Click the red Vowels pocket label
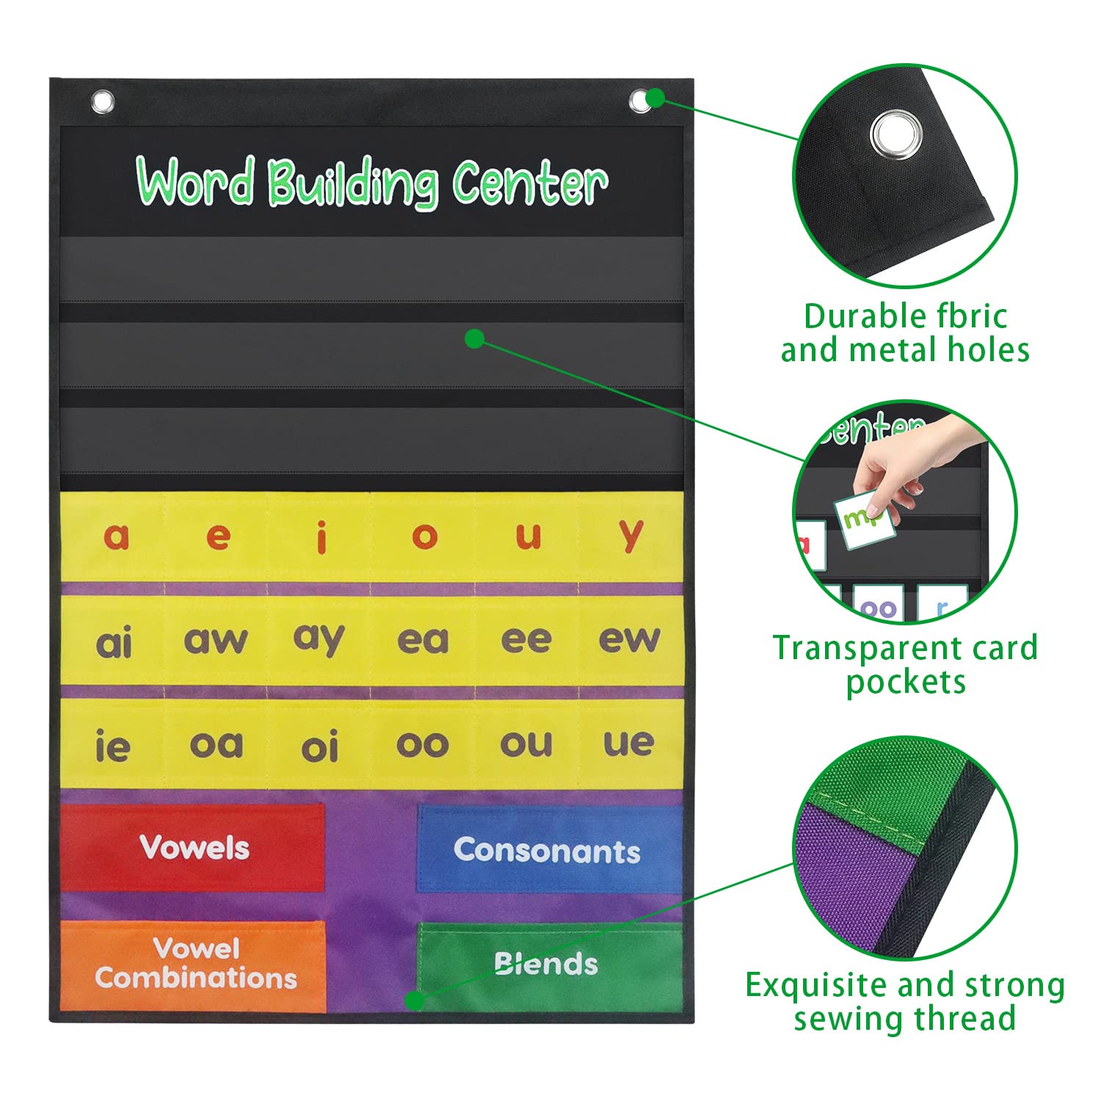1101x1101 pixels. pos(194,848)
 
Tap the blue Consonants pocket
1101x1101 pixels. pos(547,850)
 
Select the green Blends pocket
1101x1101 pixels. pos(547,963)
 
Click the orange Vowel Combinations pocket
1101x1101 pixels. pos(195,964)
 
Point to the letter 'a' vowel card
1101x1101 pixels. pos(116,537)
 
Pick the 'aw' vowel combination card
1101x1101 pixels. pos(216,640)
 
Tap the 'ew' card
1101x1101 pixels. pos(630,639)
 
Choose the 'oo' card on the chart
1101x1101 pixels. pos(422,745)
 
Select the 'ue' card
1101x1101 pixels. pos(628,744)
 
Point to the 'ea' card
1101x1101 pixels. pos(422,640)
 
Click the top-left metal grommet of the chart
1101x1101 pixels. pos(103,101)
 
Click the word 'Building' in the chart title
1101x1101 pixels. pos(352,183)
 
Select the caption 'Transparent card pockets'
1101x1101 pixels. pos(906,664)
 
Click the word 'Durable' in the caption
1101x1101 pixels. pos(853,316)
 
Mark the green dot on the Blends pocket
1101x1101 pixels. pos(415,1000)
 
